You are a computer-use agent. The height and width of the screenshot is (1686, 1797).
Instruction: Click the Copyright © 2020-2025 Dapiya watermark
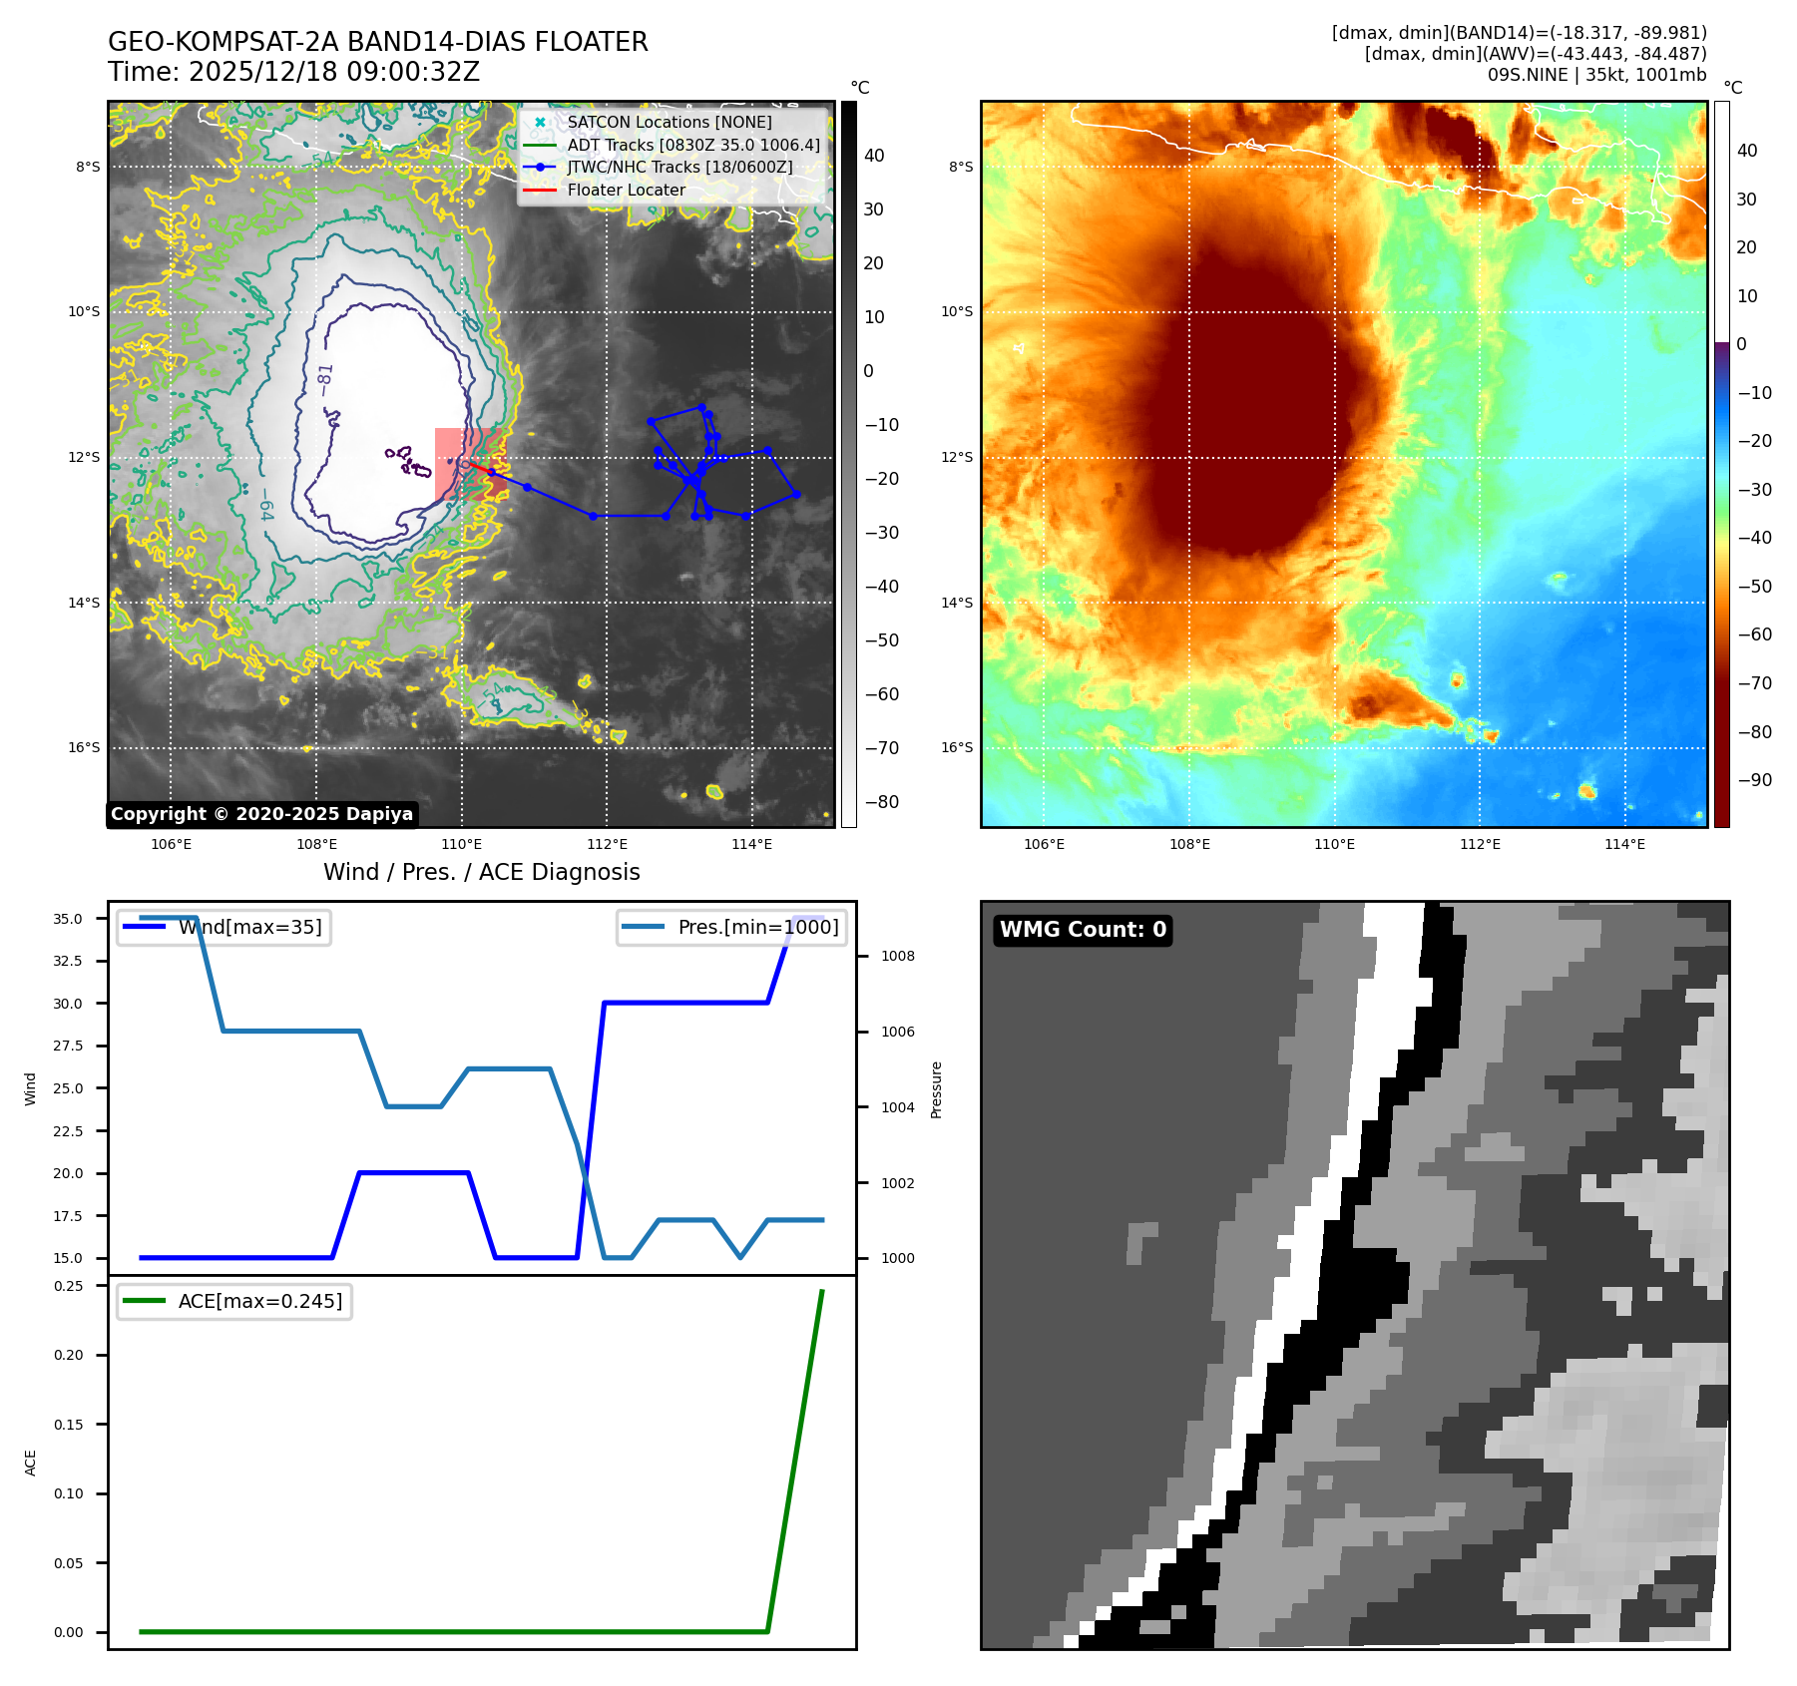tap(261, 814)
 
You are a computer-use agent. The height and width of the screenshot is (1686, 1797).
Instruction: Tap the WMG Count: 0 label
tap(1083, 930)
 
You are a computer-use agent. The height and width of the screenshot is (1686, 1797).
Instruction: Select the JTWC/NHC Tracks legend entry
tap(679, 168)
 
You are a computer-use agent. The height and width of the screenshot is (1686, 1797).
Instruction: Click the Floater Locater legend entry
tap(626, 191)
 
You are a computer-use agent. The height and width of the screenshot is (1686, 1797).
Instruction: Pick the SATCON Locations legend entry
tap(669, 123)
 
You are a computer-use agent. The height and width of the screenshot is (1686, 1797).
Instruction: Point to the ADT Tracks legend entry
tap(692, 146)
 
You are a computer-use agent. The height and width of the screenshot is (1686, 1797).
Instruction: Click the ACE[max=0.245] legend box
tap(234, 1301)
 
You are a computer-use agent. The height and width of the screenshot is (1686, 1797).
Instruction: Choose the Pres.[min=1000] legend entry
tap(732, 927)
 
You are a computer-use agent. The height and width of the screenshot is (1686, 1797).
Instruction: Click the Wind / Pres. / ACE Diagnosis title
tap(481, 872)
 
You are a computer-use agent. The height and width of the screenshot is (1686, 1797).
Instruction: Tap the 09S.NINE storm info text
tap(1596, 75)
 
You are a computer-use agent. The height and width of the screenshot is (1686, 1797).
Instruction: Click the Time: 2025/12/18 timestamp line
tap(294, 72)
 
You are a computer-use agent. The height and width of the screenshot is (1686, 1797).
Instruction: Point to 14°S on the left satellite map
tap(85, 603)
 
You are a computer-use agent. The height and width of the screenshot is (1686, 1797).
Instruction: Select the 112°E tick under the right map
tap(1480, 845)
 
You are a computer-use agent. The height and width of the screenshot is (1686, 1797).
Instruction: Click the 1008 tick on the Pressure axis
tap(897, 956)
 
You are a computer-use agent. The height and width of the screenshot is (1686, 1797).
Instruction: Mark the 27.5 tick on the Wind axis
tap(68, 1046)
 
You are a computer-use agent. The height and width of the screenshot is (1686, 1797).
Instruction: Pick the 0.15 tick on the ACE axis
tap(69, 1425)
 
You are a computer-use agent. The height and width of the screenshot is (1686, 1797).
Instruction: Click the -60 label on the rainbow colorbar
tap(1754, 634)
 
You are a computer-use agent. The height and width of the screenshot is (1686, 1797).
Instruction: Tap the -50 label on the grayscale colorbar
tap(881, 640)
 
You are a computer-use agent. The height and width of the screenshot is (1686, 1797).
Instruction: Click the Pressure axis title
tap(936, 1089)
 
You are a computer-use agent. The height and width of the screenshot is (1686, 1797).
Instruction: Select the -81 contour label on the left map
tap(325, 379)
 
